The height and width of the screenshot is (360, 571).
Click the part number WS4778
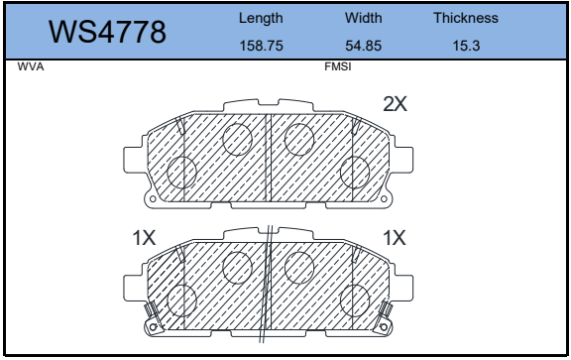point(107,32)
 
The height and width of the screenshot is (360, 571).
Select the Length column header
point(261,18)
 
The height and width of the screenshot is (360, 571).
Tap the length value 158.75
point(261,46)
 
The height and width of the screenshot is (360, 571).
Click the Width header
point(364,18)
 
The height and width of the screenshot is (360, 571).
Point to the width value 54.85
point(364,46)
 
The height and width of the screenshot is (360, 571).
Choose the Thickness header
point(466,18)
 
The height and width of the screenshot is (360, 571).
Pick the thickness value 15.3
point(466,46)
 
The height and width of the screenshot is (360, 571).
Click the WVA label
point(31,67)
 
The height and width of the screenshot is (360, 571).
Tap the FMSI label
point(338,67)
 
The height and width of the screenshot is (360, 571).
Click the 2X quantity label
point(396,104)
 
